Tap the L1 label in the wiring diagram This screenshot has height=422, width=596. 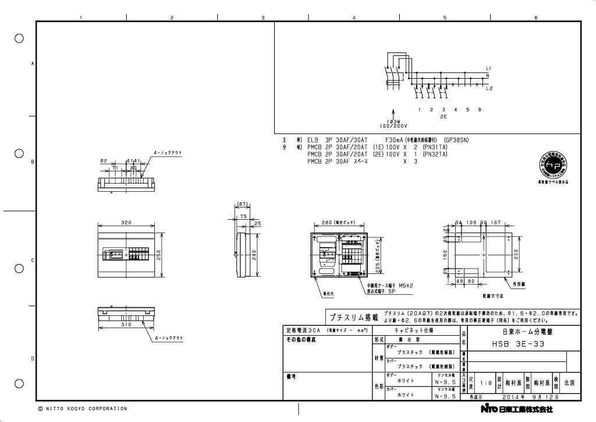pyautogui.click(x=489, y=69)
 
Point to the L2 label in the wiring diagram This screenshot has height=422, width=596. pyautogui.click(x=489, y=89)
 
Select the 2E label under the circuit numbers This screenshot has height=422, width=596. pyautogui.click(x=444, y=117)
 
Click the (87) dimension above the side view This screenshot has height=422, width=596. pyautogui.click(x=243, y=205)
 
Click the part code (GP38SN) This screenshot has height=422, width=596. pyautogui.click(x=456, y=140)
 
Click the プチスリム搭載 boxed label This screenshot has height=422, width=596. pyautogui.click(x=353, y=318)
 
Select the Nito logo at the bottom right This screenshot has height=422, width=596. pyautogui.click(x=489, y=409)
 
